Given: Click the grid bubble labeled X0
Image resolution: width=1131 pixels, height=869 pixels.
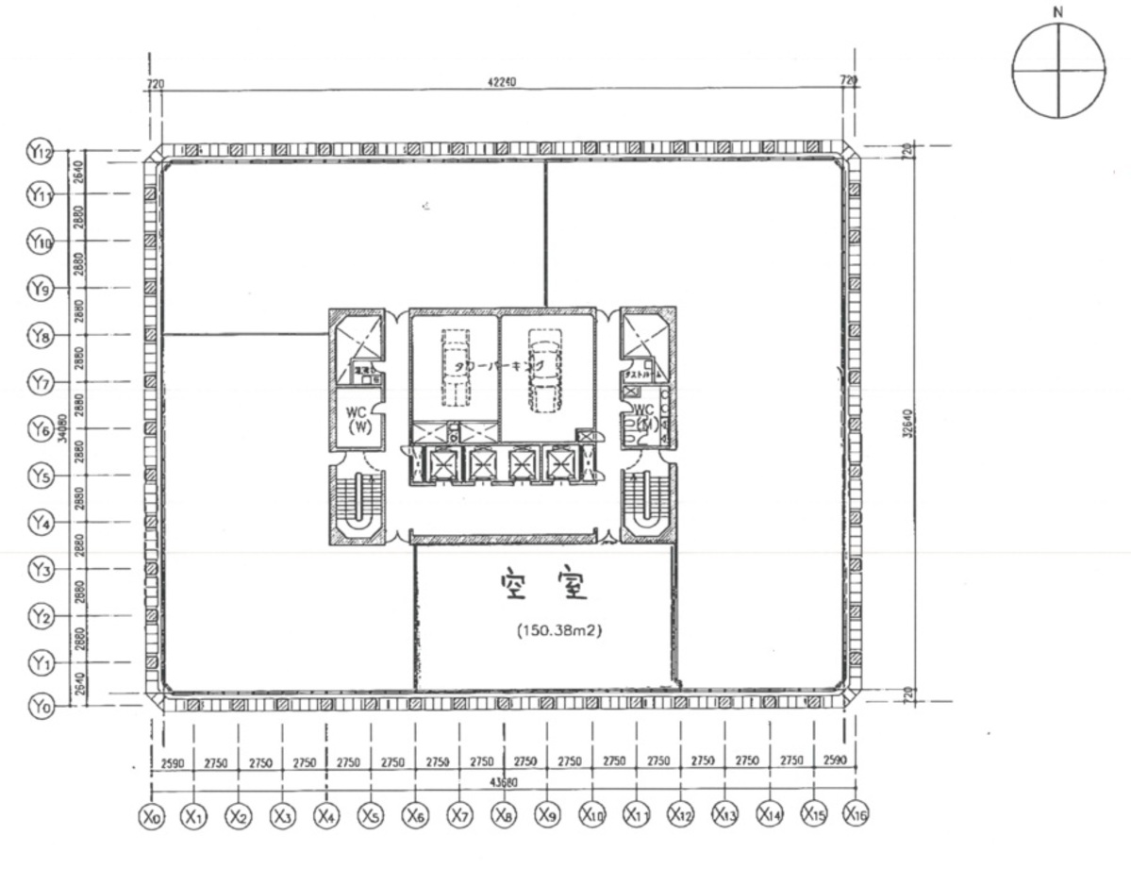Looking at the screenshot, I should point(150,815).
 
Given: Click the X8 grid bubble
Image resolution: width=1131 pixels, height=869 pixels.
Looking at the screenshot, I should point(504,815).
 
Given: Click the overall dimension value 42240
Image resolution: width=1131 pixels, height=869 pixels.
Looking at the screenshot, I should point(502,83).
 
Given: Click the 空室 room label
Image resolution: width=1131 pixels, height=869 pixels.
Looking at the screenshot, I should point(544,588).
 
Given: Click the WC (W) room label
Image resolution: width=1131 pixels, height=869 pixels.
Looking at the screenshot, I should point(357,418).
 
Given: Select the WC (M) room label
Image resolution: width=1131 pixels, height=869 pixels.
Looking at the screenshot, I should point(645,418).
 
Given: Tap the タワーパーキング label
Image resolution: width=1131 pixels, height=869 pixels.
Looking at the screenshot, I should point(499,365).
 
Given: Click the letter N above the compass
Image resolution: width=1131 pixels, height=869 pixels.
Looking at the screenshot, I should point(1057,12).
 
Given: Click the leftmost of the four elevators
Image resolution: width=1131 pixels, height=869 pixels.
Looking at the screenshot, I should point(441,464).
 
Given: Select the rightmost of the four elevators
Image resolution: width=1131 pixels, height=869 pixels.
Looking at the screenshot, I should point(559,464).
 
